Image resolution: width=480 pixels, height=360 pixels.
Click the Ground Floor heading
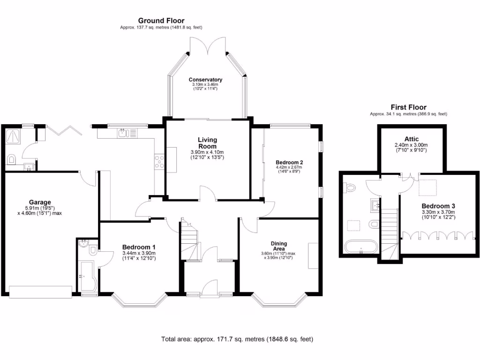(x=161, y=21)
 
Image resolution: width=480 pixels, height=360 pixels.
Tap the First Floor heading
(x=408, y=107)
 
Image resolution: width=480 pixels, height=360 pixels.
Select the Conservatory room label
(x=205, y=80)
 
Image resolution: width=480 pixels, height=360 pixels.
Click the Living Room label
(x=207, y=142)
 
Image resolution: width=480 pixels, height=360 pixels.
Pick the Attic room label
(x=412, y=139)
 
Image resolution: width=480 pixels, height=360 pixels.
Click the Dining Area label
(x=279, y=246)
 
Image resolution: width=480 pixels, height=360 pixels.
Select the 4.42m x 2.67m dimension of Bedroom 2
(x=289, y=167)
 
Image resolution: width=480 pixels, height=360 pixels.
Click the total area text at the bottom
(x=237, y=339)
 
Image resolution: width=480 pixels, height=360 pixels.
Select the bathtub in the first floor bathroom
(x=360, y=247)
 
